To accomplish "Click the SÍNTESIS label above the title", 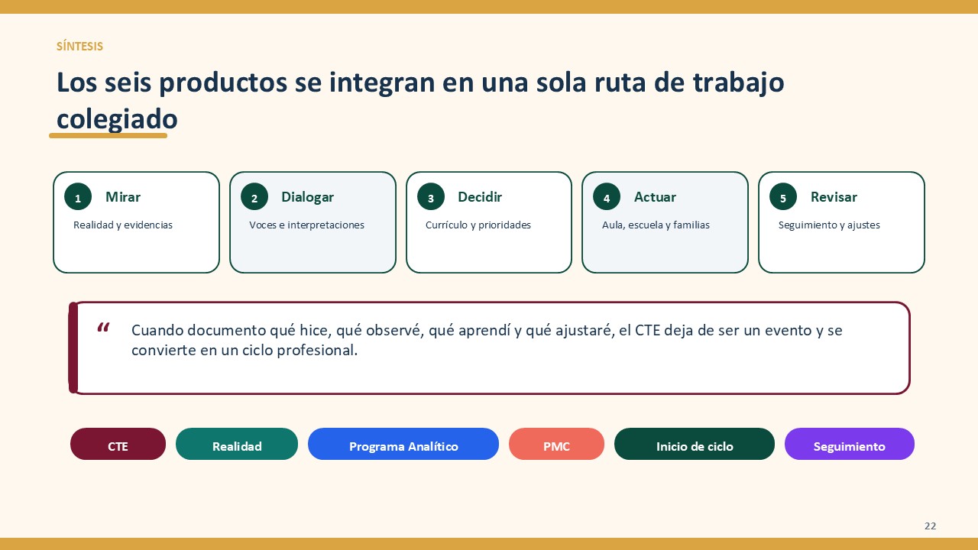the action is (x=79, y=47).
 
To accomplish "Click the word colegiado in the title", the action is (x=117, y=119).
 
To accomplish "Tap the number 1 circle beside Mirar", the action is (x=78, y=197).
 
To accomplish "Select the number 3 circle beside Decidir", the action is (x=430, y=197).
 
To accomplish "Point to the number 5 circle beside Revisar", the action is (x=783, y=197).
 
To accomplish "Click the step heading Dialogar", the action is (x=307, y=197).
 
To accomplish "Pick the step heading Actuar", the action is (x=655, y=197).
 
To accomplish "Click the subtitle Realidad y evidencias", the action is (x=123, y=225).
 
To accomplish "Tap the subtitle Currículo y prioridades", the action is (x=478, y=225).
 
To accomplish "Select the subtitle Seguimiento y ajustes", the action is (x=829, y=225).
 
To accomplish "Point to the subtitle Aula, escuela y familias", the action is (x=656, y=225).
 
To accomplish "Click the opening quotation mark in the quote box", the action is (x=103, y=328).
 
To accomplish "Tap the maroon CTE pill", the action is (x=118, y=444).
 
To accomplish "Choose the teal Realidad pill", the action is (x=237, y=444).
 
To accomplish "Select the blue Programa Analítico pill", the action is (x=403, y=444).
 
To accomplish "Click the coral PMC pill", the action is (x=557, y=444).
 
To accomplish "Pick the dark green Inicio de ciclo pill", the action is (x=695, y=444).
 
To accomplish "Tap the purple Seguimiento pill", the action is (x=849, y=444).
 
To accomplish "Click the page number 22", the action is (x=930, y=526).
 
